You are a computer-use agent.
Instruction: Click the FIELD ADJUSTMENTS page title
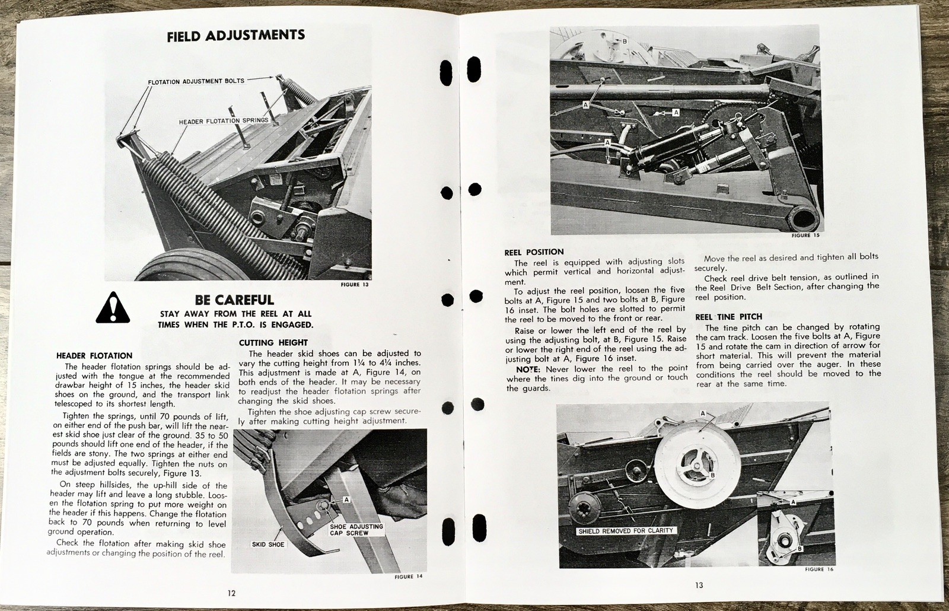pos(235,36)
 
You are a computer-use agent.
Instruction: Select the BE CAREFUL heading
pos(234,300)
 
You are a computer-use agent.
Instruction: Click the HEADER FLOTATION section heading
pos(94,356)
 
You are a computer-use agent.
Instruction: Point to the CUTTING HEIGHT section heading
pos(273,342)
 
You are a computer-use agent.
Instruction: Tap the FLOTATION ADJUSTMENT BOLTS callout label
pos(196,81)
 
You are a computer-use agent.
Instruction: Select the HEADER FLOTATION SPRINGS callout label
pos(224,121)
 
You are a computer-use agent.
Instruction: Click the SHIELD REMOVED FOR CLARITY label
pos(626,531)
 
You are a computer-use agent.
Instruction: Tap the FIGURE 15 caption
pos(806,236)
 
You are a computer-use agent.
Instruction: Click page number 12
pos(231,593)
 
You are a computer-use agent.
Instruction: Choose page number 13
pos(699,585)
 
